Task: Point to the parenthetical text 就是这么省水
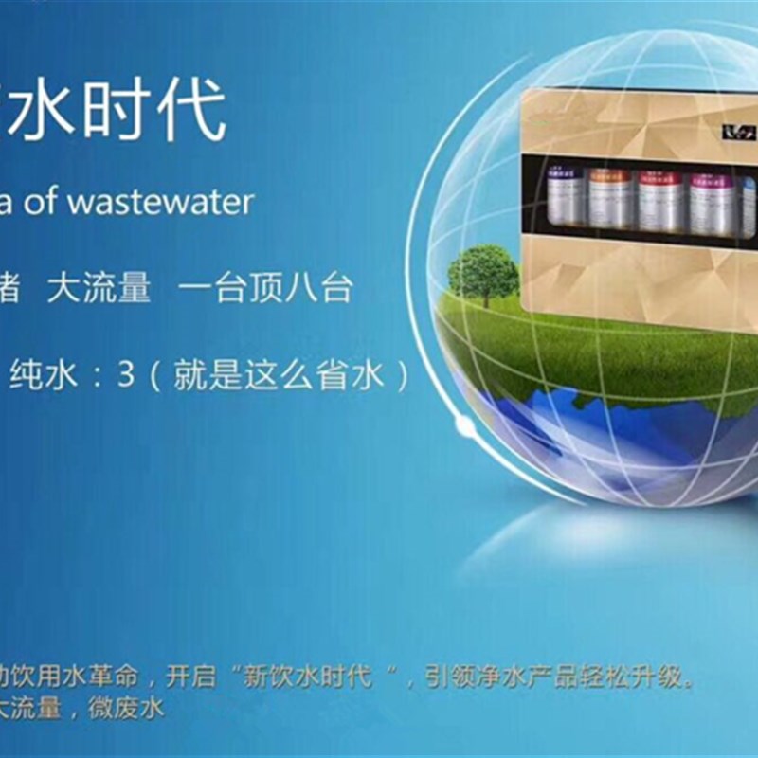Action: click(279, 376)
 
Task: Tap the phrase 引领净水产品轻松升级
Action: click(550, 678)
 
